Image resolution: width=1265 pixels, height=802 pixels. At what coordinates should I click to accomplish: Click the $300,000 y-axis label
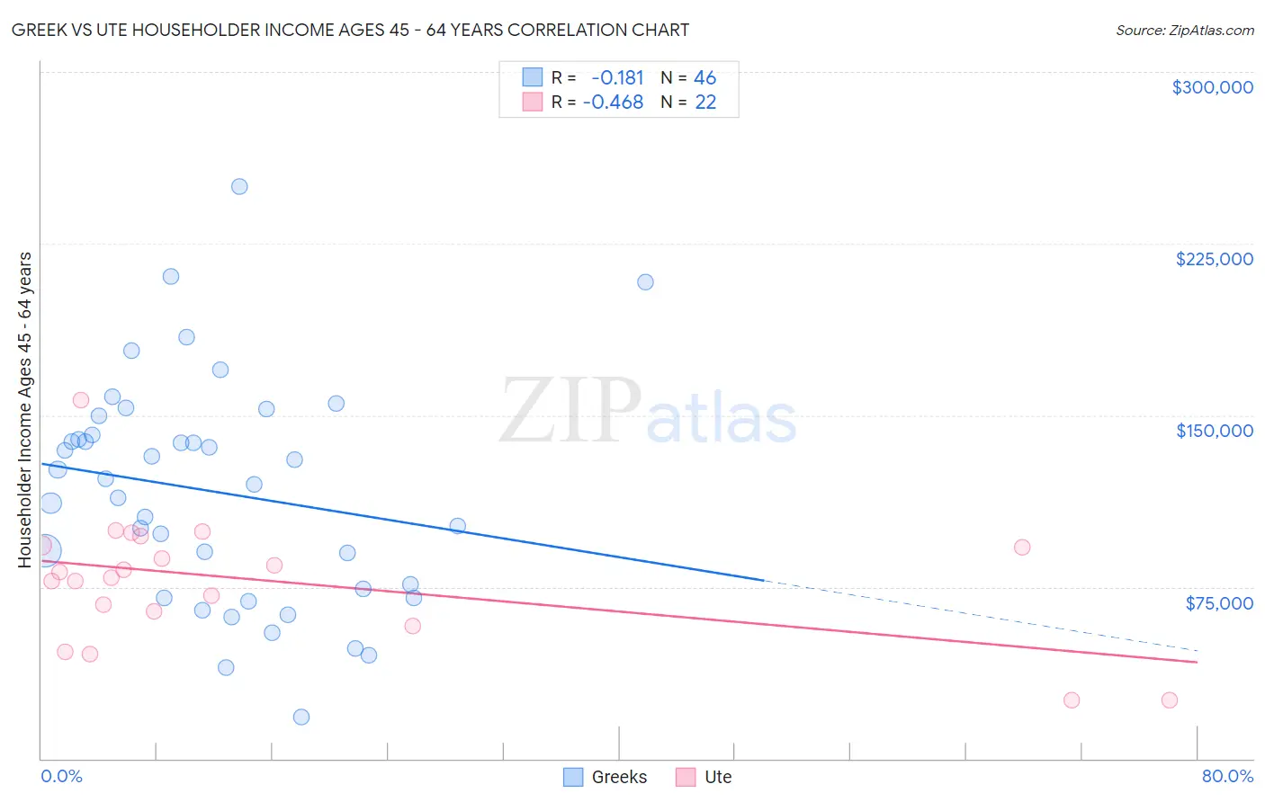tap(1212, 87)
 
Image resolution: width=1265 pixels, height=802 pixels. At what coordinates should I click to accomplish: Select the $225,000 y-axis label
tap(1214, 259)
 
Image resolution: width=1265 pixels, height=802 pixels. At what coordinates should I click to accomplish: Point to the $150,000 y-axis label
tap(1214, 431)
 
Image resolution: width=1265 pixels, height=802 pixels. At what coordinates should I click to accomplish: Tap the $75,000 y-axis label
tap(1218, 602)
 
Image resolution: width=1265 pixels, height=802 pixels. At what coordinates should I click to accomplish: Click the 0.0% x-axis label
tap(61, 776)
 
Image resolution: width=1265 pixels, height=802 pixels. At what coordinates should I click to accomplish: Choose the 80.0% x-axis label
tap(1227, 776)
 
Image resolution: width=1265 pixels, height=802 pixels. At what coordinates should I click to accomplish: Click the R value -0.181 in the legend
tap(617, 78)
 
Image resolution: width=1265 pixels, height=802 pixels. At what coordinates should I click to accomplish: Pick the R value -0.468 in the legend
tap(613, 102)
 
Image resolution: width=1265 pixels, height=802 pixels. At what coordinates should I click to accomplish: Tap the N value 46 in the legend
tap(704, 78)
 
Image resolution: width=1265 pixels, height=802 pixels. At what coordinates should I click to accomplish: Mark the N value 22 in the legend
tap(705, 102)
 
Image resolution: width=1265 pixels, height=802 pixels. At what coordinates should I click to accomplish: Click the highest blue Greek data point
tap(239, 187)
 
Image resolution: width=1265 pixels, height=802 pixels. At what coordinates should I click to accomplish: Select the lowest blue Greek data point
tap(301, 717)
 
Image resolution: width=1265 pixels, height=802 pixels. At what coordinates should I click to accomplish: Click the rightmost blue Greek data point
tap(645, 282)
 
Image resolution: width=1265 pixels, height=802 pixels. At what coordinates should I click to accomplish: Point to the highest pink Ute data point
tap(81, 400)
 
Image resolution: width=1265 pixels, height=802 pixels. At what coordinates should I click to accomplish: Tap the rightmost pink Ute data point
tap(1169, 700)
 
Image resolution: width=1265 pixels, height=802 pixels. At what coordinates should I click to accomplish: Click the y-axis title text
tap(24, 410)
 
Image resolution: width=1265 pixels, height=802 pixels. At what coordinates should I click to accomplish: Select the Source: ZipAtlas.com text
tap(1184, 31)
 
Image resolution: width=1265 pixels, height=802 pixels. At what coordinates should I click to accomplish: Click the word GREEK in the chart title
tap(38, 30)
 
